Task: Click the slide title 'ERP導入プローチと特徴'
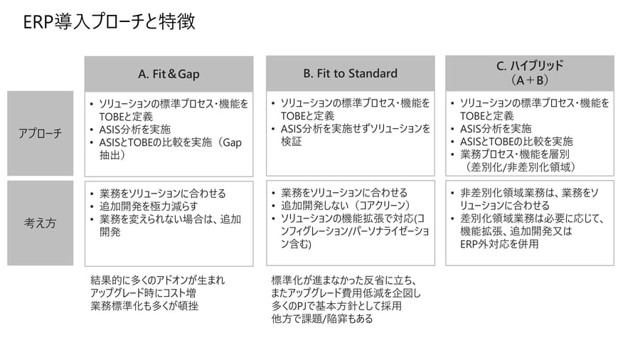[110, 21]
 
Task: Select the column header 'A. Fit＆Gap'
[169, 74]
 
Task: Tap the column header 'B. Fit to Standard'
[350, 73]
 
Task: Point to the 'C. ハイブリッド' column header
[530, 65]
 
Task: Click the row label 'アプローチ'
[40, 133]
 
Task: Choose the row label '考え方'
[40, 223]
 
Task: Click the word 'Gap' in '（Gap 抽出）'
[233, 142]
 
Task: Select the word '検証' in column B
[291, 141]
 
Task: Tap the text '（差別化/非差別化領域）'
[521, 167]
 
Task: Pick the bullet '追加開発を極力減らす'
[149, 206]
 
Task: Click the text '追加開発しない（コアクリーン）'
[346, 206]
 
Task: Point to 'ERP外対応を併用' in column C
[500, 244]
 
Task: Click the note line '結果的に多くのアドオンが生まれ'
[158, 280]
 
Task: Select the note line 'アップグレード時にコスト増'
[143, 292]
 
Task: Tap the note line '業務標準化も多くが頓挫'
[144, 306]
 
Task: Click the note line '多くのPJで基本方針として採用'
[337, 306]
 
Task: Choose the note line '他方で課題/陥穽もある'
[322, 318]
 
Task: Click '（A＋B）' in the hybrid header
[530, 80]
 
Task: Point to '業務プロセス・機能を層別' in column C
[515, 154]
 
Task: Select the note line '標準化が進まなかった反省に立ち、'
[344, 280]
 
